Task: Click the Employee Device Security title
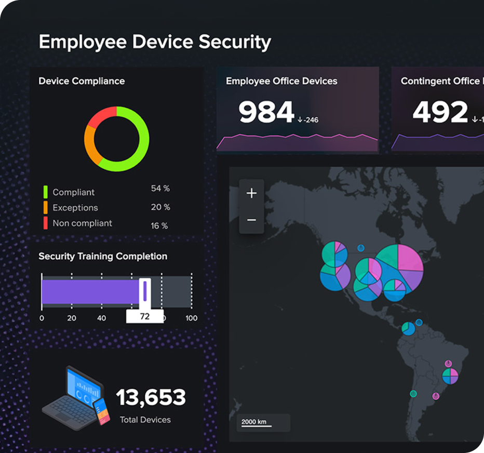click(x=155, y=42)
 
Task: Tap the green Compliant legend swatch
click(x=46, y=192)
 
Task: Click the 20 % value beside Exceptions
click(x=160, y=207)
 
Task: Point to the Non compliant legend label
click(x=82, y=223)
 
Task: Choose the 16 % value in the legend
click(x=159, y=226)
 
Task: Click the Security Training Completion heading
click(x=103, y=257)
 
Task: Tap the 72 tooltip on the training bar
click(x=145, y=316)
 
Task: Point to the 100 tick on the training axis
click(x=192, y=318)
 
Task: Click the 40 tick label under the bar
click(x=102, y=318)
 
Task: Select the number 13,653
click(x=151, y=398)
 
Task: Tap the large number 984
click(x=266, y=112)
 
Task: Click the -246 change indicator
click(x=308, y=120)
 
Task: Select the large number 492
click(x=440, y=112)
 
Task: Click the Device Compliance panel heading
click(x=82, y=81)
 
